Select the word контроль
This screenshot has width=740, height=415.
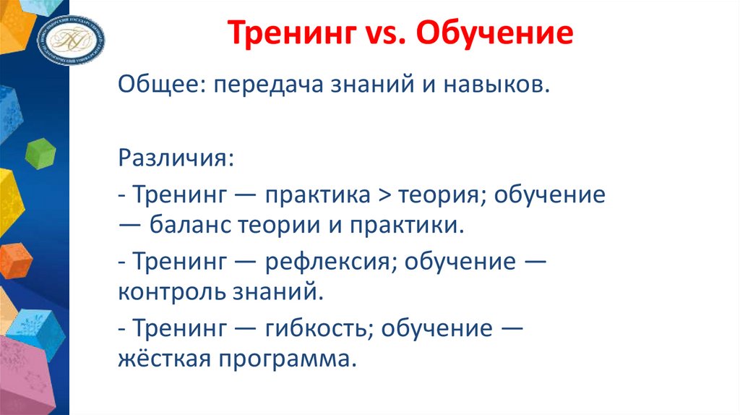[173, 292]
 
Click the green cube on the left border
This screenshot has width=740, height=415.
[40, 153]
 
